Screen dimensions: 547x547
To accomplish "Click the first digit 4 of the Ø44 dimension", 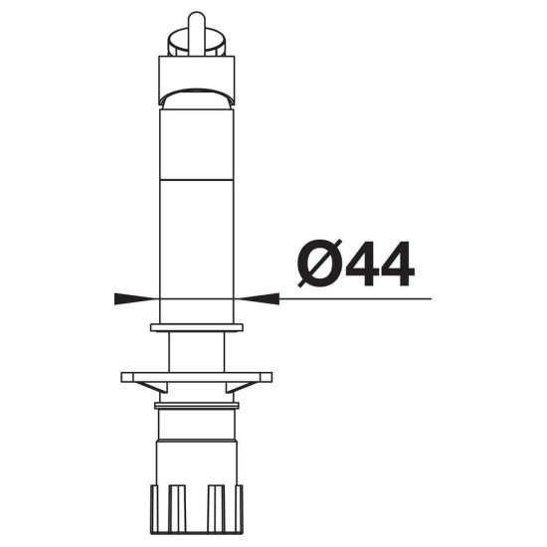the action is [362, 264].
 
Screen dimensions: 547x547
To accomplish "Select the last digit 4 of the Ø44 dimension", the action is [398, 264].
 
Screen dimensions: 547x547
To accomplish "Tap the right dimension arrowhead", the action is [259, 298].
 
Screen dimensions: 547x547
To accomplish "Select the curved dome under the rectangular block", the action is [197, 99].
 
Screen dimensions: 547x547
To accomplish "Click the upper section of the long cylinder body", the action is [197, 145].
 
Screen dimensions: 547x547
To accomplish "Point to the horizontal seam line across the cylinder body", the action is [197, 180].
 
